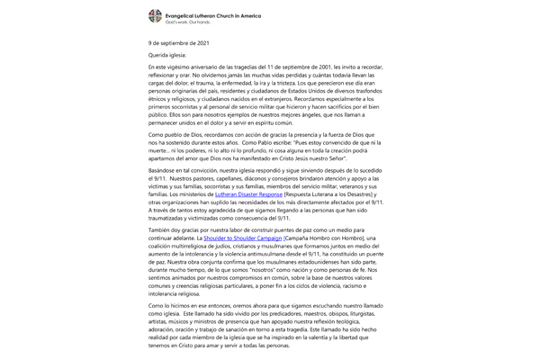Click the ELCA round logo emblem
click(156, 16)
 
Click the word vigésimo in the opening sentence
click(181, 69)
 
